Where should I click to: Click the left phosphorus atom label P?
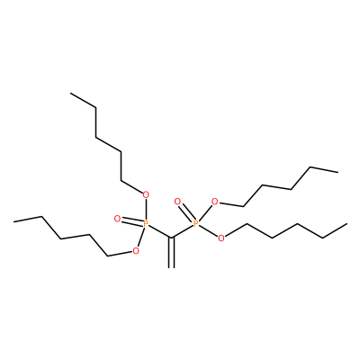[146, 223]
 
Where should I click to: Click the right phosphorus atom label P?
[196, 223]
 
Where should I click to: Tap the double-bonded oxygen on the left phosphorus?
[117, 219]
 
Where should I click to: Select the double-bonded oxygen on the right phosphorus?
[177, 202]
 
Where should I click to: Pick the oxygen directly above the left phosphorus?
[146, 195]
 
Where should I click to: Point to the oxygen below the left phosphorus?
[136, 251]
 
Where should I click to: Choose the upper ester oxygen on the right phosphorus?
[214, 202]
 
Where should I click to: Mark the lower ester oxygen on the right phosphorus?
[221, 238]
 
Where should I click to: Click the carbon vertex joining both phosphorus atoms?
[171, 238]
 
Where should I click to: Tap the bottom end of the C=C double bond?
[171, 267]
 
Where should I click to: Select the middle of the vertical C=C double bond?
[171, 253]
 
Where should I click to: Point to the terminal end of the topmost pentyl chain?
[71, 94]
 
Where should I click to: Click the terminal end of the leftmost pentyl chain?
[13, 221]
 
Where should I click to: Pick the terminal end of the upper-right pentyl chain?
[338, 172]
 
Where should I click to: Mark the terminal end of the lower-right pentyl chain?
[347, 224]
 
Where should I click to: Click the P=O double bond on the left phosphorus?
[131, 221]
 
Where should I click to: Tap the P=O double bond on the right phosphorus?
[186, 212]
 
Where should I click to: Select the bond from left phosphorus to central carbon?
[160, 231]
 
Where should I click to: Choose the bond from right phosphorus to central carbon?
[183, 231]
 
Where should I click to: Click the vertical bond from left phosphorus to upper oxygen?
[146, 210]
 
